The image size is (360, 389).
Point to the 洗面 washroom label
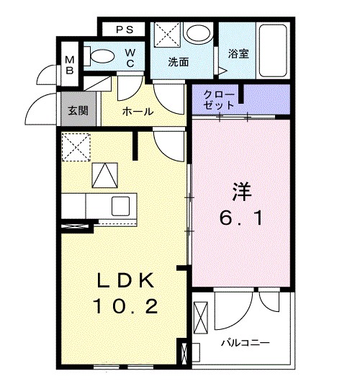tap(178, 62)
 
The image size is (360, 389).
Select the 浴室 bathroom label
tap(238, 53)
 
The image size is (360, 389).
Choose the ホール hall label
tap(137, 112)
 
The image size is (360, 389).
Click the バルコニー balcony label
tap(246, 342)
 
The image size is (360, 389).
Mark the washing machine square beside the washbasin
tap(167, 35)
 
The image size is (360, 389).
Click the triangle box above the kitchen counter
tap(104, 174)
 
